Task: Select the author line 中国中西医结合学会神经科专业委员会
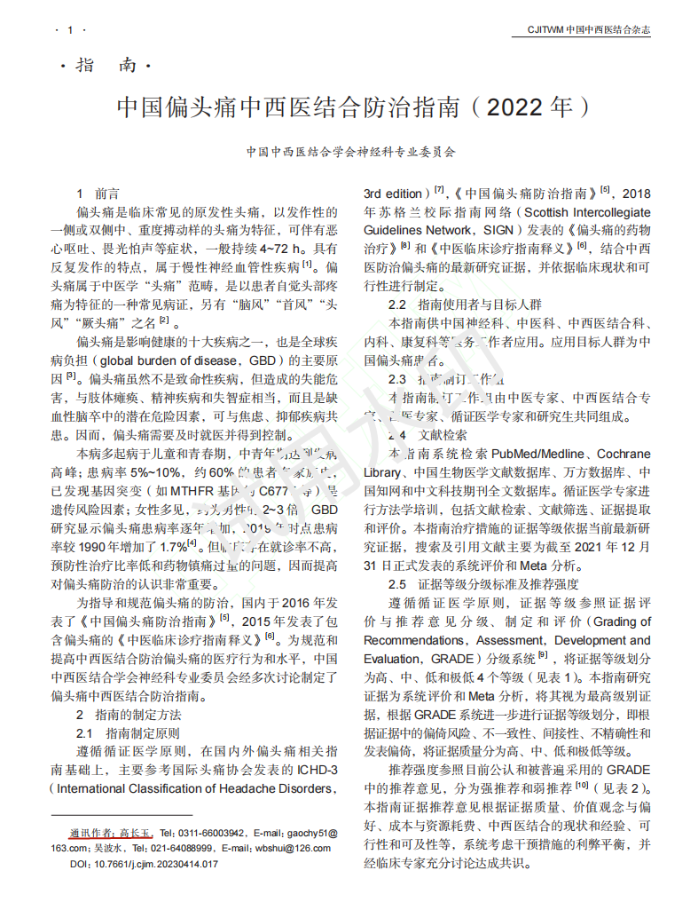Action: point(350,152)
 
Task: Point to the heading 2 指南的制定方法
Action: point(129,715)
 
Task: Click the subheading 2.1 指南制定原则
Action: point(129,733)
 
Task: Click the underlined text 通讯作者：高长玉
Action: point(112,833)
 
